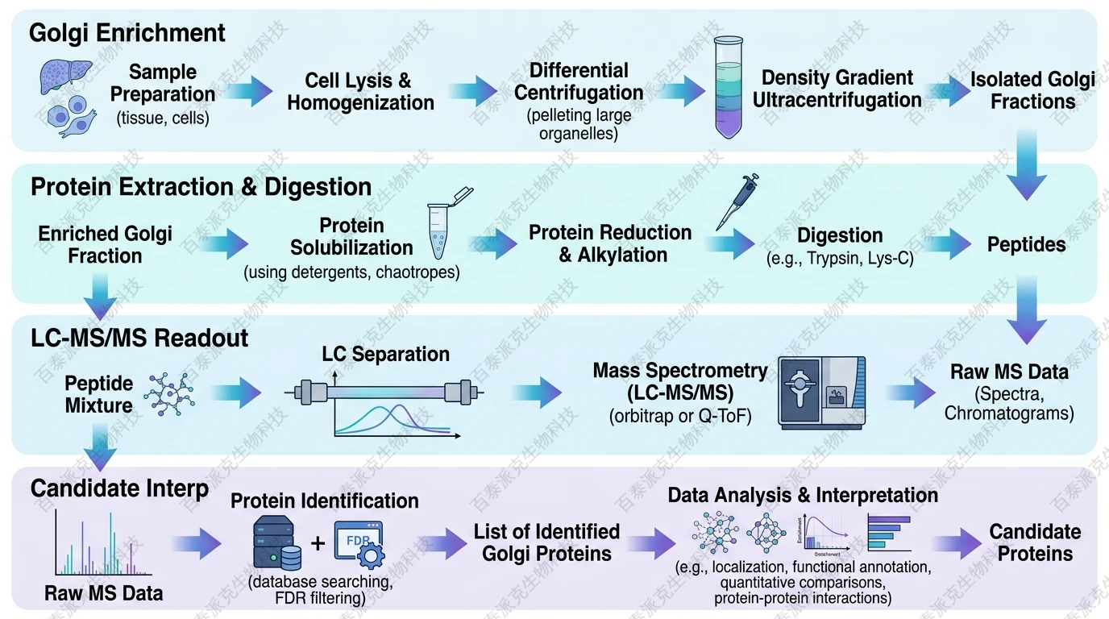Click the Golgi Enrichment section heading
point(127,33)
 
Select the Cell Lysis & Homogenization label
point(360,92)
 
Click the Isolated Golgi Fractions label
point(1032,90)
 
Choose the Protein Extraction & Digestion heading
point(201,187)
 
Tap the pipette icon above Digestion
point(737,202)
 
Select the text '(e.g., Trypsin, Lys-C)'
point(839,259)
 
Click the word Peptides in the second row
point(1026,244)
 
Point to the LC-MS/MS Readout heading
point(139,338)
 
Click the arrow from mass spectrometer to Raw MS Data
point(911,393)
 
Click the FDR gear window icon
point(359,544)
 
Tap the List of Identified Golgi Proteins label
point(546,542)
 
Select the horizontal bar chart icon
point(888,532)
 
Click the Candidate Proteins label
point(1035,542)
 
